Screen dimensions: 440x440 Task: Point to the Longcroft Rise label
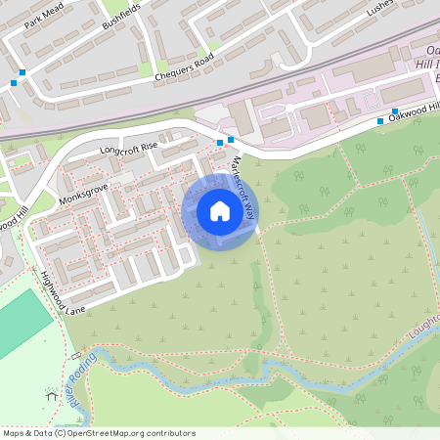point(128,149)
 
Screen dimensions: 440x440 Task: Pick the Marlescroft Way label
point(245,186)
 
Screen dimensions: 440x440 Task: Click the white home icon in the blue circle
point(220,211)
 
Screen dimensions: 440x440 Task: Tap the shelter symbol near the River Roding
point(51,396)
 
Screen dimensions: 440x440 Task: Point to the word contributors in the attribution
point(173,432)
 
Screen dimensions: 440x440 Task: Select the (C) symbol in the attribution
point(60,432)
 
